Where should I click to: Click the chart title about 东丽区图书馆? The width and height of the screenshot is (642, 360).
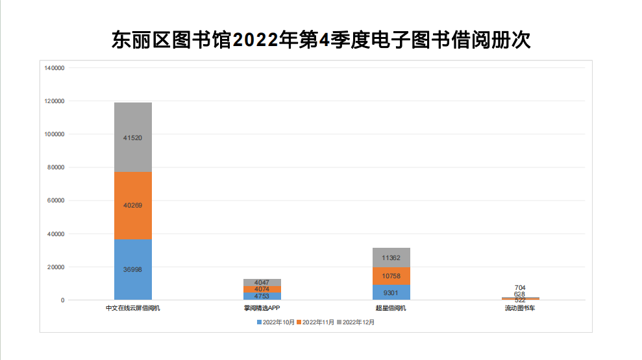pyautogui.click(x=321, y=40)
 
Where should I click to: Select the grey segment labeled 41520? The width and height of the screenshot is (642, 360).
pyautogui.click(x=132, y=138)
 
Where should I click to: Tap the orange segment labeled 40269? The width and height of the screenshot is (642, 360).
pyautogui.click(x=132, y=206)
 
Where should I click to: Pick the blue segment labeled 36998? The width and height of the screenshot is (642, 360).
pyautogui.click(x=132, y=269)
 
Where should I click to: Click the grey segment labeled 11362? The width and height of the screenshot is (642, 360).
pyautogui.click(x=391, y=258)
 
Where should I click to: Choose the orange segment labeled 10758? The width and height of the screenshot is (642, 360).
pyautogui.click(x=391, y=276)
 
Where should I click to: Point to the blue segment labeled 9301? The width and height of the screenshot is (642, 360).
pyautogui.click(x=391, y=293)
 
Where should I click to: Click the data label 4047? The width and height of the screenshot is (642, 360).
pyautogui.click(x=262, y=283)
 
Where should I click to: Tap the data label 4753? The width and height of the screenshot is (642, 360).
pyautogui.click(x=262, y=296)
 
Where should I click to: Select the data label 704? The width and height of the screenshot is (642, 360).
pyautogui.click(x=520, y=287)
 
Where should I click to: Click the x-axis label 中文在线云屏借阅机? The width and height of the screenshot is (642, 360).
pyautogui.click(x=132, y=308)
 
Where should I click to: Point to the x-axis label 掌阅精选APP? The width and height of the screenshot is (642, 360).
pyautogui.click(x=262, y=308)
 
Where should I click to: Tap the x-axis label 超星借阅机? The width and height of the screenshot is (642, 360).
pyautogui.click(x=391, y=308)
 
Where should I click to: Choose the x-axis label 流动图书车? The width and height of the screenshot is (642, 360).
pyautogui.click(x=520, y=308)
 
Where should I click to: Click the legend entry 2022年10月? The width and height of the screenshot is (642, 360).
pyautogui.click(x=278, y=322)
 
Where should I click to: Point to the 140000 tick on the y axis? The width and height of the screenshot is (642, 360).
pyautogui.click(x=54, y=68)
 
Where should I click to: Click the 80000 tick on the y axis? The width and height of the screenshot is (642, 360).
pyautogui.click(x=55, y=167)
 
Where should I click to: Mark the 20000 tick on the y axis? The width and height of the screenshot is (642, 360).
pyautogui.click(x=55, y=267)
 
